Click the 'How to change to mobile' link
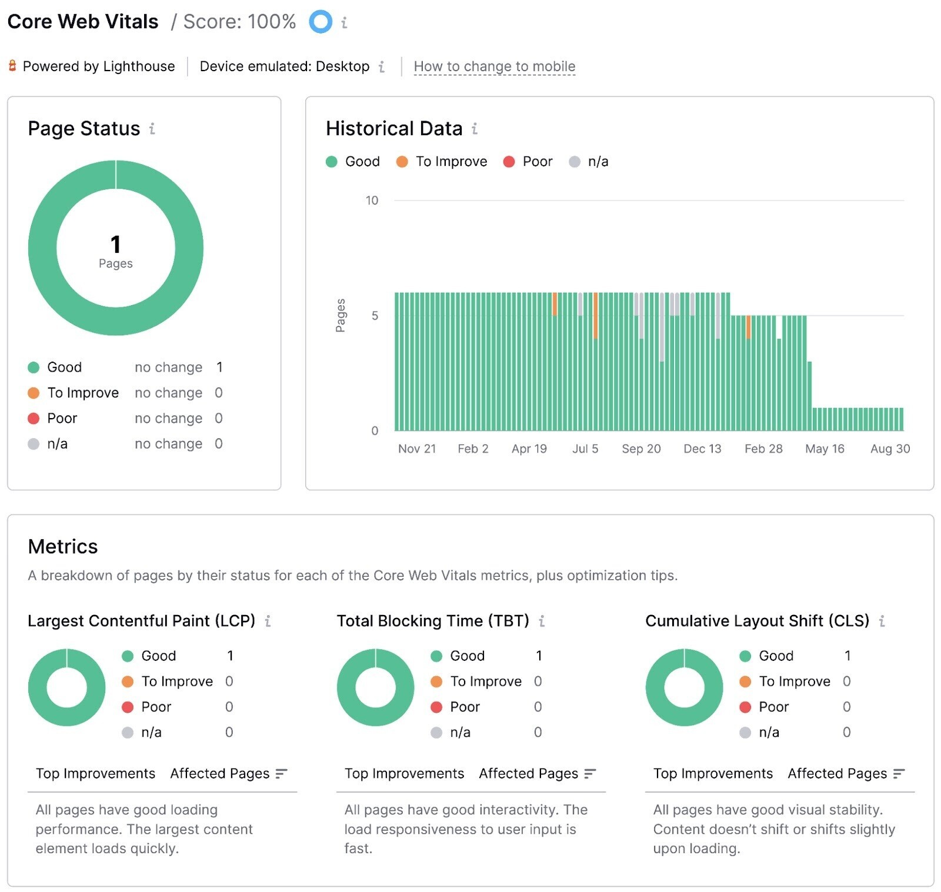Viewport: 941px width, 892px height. (494, 66)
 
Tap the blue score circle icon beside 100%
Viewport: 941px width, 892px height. (321, 22)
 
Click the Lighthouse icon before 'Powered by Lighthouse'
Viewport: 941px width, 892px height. (12, 66)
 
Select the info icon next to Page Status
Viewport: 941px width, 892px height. (152, 129)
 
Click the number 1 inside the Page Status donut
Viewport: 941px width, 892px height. (115, 244)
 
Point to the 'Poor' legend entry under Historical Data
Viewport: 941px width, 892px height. (528, 162)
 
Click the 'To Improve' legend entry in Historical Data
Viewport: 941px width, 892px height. (442, 162)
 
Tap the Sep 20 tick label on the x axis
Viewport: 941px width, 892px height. (641, 449)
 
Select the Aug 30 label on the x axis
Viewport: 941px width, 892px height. (889, 449)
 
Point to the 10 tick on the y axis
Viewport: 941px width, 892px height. (372, 201)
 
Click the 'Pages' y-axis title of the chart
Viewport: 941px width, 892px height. (340, 315)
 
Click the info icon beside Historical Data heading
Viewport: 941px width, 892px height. (475, 129)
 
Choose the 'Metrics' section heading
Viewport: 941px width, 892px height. (63, 546)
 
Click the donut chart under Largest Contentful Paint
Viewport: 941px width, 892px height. (66, 687)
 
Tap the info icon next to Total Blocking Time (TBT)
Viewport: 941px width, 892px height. (542, 621)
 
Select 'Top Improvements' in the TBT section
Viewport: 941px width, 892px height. (404, 773)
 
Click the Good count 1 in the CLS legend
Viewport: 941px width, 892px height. (847, 656)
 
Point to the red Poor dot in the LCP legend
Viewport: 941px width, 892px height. (128, 707)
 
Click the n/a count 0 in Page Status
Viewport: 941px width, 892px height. (218, 444)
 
